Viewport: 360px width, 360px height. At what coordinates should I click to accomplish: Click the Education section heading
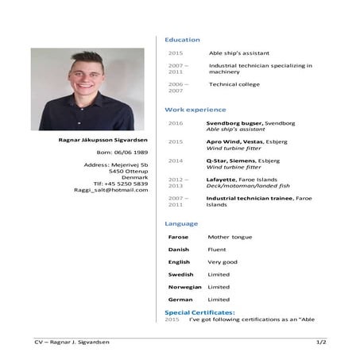click(182, 40)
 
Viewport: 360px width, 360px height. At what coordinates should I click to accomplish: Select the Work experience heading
click(195, 110)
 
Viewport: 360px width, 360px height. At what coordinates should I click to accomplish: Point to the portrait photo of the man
click(87, 89)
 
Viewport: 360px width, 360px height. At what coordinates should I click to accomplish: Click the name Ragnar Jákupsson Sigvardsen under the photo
click(103, 139)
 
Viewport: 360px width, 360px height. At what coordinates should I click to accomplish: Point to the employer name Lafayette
click(221, 179)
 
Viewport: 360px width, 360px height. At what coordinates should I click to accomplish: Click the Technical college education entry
click(234, 83)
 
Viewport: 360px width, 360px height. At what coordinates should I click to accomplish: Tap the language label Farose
click(178, 237)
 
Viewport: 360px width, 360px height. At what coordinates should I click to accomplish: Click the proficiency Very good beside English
click(223, 261)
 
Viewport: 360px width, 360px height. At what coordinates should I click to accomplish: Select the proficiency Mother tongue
click(230, 237)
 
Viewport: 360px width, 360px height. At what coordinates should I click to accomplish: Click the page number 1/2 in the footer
click(321, 342)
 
